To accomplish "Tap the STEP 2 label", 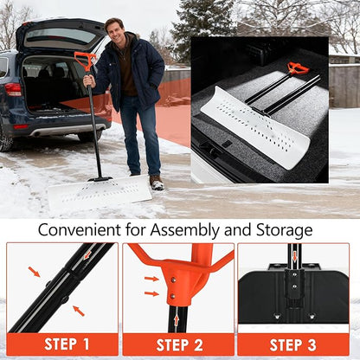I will click(x=179, y=344).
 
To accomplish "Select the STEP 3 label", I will click(x=293, y=344).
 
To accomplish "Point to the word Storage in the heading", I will click(x=280, y=230).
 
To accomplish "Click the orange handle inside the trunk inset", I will click(x=298, y=68).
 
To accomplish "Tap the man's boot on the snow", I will click(x=157, y=183).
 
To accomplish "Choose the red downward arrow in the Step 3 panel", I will click(x=294, y=256).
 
